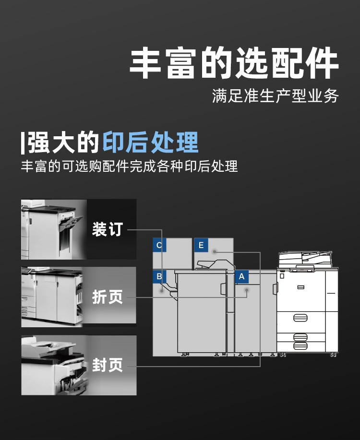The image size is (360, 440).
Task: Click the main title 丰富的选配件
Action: point(234,63)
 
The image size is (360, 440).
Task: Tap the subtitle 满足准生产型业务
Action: point(275,96)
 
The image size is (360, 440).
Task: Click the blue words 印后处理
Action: point(151,143)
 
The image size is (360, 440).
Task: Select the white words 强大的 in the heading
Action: point(63,143)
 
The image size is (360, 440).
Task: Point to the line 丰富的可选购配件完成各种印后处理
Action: point(130,166)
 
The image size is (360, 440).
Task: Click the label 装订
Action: point(108,229)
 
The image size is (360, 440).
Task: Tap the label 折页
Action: point(108,297)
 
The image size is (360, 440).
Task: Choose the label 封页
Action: point(108,365)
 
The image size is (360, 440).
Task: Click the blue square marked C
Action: point(159,245)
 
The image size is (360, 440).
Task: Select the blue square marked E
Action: point(201,245)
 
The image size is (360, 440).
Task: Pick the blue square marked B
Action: point(159,276)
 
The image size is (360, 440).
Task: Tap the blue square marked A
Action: point(241,276)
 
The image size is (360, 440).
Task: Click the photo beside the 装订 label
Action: point(54,229)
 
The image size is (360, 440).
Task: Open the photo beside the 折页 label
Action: point(52,297)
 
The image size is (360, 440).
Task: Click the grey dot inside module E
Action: point(215,251)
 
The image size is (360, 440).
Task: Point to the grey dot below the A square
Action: point(247,290)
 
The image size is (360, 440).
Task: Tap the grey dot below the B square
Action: point(162,291)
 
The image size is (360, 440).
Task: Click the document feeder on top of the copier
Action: point(305,260)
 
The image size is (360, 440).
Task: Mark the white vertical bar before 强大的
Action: point(23,143)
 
